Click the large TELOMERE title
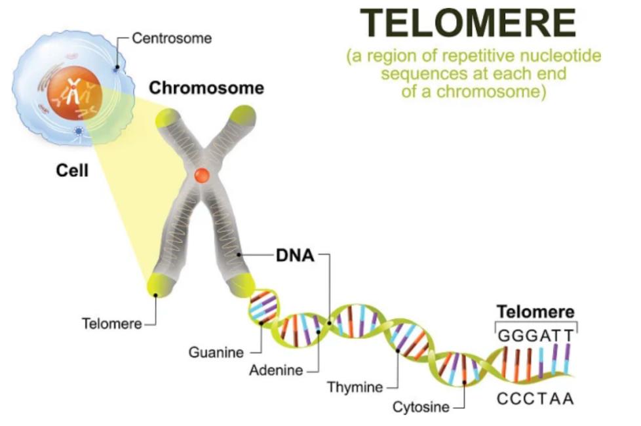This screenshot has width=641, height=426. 469,24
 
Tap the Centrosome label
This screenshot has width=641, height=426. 172,38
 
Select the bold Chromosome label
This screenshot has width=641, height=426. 206,88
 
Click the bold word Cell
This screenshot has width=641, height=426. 71,172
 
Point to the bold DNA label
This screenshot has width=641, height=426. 295,256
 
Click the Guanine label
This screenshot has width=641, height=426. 216,353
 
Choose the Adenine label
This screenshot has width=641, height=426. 276,370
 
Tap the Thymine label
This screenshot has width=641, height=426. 355,387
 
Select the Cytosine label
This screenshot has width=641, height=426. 421,408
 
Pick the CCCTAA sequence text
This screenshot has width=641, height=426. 535,398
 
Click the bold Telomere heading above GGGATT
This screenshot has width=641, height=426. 535,312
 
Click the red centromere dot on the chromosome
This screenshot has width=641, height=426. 201,176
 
